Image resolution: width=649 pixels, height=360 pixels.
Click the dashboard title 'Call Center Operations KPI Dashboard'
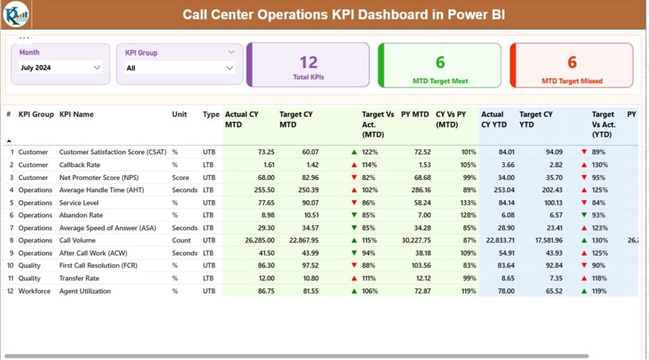click(344, 15)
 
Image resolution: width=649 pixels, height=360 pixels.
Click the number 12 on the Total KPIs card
click(308, 62)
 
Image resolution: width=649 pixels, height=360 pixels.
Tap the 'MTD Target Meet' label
click(440, 81)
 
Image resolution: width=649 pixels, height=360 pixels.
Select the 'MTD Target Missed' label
click(572, 81)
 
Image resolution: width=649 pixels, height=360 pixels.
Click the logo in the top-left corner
click(15, 15)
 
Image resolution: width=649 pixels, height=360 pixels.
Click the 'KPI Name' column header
click(76, 115)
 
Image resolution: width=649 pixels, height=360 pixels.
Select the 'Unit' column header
click(179, 115)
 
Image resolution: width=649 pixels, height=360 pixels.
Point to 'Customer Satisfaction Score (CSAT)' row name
click(113, 152)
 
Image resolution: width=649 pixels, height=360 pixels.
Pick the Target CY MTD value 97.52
click(306, 266)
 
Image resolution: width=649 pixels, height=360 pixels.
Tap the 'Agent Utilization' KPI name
click(85, 291)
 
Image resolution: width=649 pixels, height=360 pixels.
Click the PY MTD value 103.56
click(418, 266)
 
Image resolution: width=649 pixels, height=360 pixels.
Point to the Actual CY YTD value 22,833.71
click(497, 240)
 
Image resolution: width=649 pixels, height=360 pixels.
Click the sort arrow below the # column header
click(9, 140)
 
